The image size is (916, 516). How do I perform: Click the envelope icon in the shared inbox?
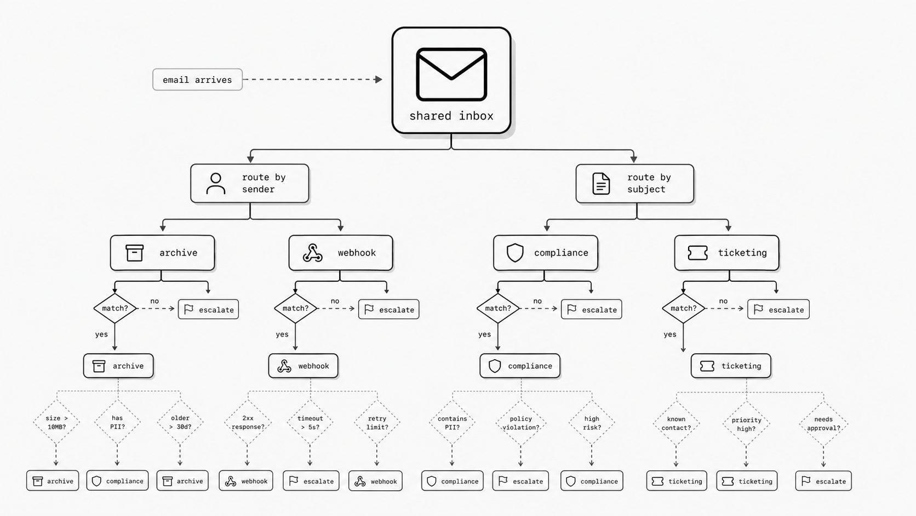451,74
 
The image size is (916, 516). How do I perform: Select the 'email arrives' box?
198,80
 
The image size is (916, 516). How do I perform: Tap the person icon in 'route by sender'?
215,183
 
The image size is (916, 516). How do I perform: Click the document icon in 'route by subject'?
601,183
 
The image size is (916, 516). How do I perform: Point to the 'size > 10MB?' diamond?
56,422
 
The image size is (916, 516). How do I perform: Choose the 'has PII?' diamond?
117,422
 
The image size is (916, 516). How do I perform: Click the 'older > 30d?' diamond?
180,422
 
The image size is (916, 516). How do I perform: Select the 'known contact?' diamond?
676,423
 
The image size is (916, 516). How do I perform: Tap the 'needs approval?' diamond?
823,423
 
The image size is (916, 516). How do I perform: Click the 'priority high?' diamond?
746,424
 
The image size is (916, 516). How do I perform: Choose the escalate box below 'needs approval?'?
823,481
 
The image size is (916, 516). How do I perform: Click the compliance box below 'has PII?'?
117,481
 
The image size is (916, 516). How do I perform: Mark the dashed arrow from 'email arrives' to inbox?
312,80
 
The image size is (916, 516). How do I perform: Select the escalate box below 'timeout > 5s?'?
311,481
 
